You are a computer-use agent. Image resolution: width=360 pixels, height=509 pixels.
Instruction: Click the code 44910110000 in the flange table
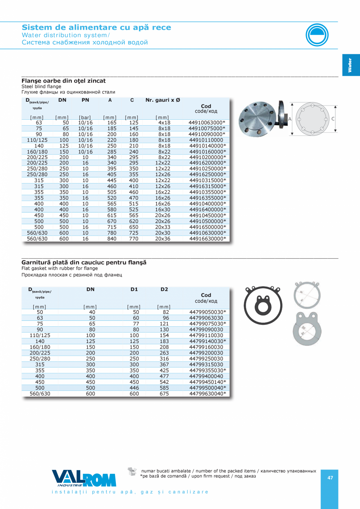[206, 140]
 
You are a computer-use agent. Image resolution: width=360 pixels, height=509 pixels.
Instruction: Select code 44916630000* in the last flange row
[207, 239]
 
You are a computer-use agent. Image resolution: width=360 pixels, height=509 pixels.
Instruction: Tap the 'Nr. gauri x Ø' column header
[163, 100]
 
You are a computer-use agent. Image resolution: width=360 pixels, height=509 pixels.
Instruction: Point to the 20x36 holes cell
[163, 239]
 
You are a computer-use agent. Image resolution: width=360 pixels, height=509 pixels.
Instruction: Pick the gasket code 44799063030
[206, 318]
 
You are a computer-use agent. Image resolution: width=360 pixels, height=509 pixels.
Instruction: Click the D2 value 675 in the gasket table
[164, 394]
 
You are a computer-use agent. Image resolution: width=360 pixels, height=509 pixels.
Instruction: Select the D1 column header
[134, 290]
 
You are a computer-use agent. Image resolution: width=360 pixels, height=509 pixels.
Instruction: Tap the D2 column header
[164, 290]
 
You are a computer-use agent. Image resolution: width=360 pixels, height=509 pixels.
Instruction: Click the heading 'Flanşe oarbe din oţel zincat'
[63, 81]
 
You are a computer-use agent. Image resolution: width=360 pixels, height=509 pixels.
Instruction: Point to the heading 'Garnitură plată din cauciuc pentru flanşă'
[84, 263]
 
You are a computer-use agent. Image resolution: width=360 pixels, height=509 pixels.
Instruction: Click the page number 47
[330, 477]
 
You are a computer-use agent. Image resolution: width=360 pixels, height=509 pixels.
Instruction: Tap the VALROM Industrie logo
[84, 478]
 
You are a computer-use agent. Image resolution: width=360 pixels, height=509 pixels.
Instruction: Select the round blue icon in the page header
[317, 35]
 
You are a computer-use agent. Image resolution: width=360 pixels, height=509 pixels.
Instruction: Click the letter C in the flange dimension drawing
[333, 119]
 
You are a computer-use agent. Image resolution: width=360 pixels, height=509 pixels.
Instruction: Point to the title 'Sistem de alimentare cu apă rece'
[96, 27]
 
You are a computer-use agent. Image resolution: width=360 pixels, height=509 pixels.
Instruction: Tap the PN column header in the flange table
[85, 100]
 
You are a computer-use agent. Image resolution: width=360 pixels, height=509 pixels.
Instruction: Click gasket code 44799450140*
[207, 382]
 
